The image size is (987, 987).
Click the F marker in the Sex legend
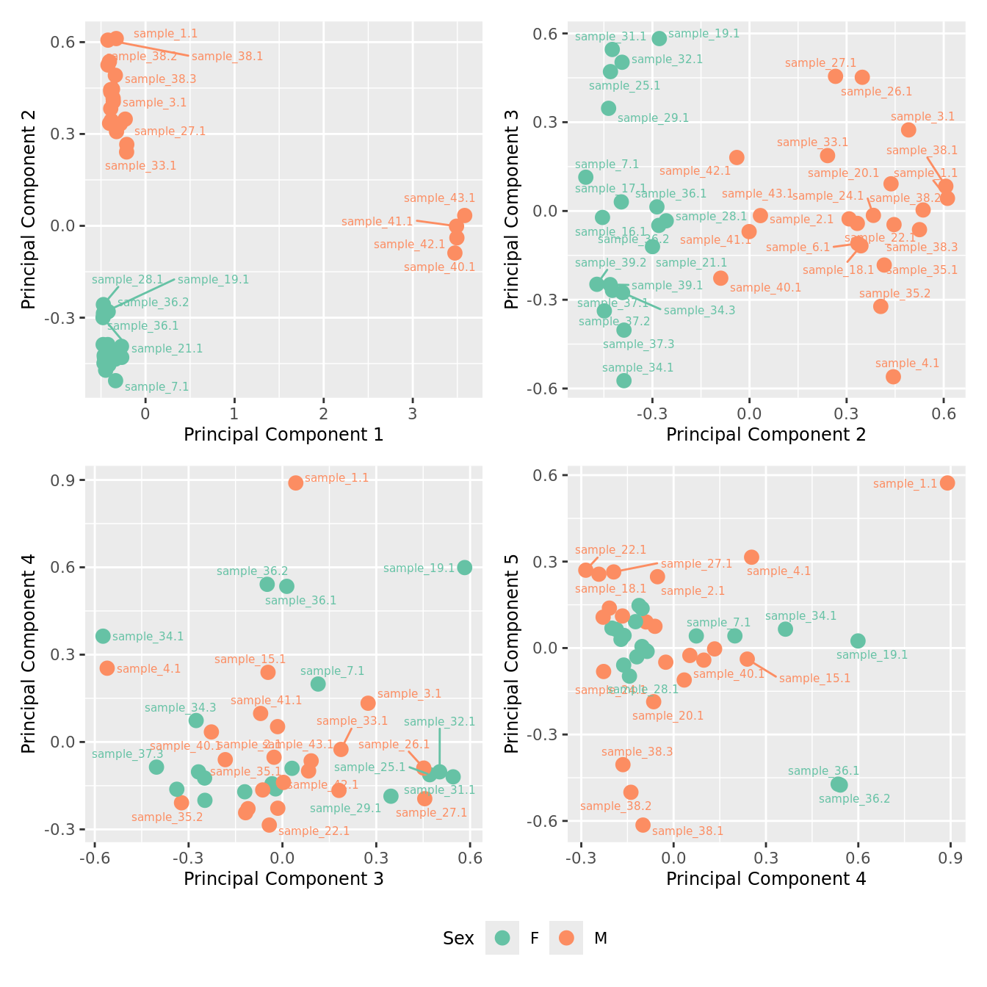click(502, 938)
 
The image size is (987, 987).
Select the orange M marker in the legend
click(566, 938)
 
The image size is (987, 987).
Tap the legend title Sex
click(458, 939)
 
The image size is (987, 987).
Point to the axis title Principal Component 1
click(283, 435)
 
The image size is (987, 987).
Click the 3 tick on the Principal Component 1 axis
click(413, 413)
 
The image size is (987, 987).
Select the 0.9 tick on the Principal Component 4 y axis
click(68, 480)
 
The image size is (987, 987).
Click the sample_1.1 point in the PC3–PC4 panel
click(296, 482)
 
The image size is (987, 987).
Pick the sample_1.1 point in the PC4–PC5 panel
click(947, 482)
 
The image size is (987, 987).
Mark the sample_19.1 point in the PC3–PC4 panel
click(464, 567)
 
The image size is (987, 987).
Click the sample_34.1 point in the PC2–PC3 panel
click(623, 380)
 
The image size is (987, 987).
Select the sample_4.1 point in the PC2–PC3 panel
click(893, 377)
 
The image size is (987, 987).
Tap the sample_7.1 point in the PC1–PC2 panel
click(115, 380)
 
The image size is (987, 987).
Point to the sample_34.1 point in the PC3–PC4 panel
click(103, 636)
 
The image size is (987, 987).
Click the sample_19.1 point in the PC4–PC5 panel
click(858, 641)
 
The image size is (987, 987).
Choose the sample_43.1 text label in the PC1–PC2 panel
click(439, 198)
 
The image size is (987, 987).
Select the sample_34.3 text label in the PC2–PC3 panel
click(699, 311)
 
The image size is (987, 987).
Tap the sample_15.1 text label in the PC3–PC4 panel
click(250, 659)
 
